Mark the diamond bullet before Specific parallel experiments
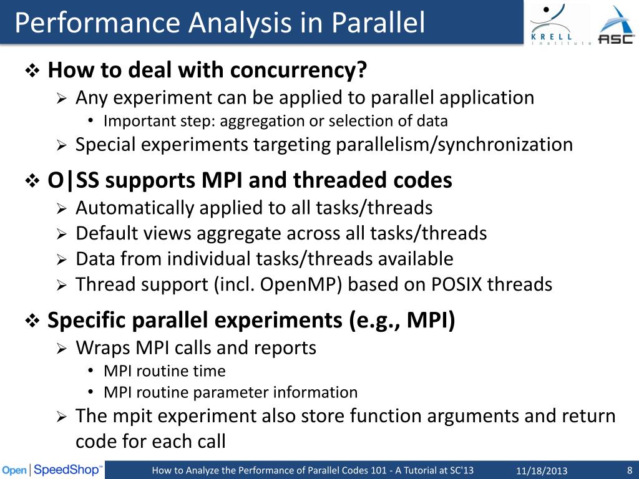32,322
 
